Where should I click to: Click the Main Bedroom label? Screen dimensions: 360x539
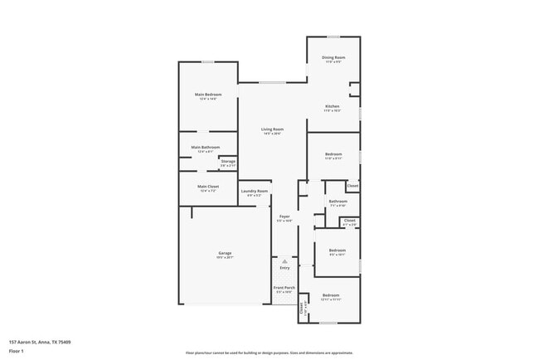(208, 95)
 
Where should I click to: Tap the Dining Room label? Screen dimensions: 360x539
(334, 57)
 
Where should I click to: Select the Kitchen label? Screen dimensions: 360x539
(332, 106)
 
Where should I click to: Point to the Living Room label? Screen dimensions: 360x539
(272, 129)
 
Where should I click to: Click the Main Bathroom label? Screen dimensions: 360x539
(208, 148)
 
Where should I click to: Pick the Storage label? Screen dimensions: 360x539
(228, 161)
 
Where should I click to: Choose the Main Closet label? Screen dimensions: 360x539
(207, 187)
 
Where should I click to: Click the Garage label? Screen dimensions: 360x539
(225, 253)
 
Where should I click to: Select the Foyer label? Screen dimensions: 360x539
(284, 216)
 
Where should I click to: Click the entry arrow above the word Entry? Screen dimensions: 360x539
(284, 260)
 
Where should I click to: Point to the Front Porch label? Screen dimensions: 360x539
(284, 287)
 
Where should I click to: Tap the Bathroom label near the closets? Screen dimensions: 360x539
(337, 202)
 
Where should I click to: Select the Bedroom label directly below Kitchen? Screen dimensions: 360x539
(333, 154)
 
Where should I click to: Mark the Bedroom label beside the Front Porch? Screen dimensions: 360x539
(331, 295)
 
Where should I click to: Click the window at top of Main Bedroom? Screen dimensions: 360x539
(208, 62)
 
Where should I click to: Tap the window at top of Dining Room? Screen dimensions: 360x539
(333, 36)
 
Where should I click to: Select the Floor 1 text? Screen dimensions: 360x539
(17, 351)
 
